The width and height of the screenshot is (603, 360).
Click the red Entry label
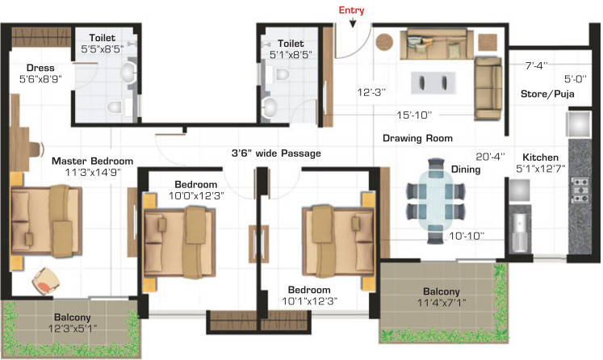[351, 10]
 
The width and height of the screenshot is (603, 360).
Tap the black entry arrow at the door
[353, 23]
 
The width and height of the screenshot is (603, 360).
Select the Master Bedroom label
[92, 161]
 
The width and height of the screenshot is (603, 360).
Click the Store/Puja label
[547, 94]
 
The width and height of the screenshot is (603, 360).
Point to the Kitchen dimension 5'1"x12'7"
[540, 169]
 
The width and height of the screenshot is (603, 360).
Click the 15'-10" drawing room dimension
[414, 115]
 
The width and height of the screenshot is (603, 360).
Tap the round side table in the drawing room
[384, 42]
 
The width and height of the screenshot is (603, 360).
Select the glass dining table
[436, 201]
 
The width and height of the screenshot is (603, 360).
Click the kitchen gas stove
[579, 190]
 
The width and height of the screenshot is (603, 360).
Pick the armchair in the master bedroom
[46, 281]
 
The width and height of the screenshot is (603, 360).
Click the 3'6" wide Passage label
[276, 153]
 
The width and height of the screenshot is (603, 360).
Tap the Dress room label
[40, 68]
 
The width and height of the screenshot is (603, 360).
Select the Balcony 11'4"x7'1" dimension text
[442, 303]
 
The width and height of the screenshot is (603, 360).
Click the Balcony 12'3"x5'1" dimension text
[73, 329]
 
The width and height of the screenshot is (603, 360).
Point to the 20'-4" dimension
[490, 157]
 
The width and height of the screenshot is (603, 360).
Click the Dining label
[466, 170]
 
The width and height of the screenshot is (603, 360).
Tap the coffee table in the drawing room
[433, 82]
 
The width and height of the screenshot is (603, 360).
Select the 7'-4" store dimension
[537, 65]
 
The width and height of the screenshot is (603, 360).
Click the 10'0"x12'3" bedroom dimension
[196, 195]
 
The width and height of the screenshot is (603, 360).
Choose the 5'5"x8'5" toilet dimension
[103, 49]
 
